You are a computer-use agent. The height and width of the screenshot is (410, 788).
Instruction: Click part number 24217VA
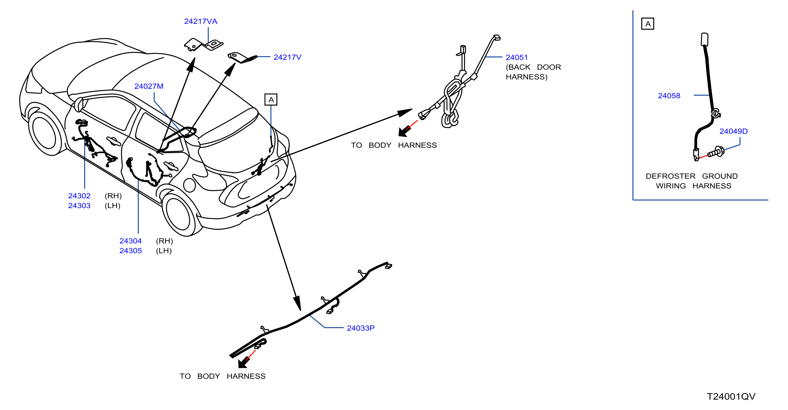(x=201, y=22)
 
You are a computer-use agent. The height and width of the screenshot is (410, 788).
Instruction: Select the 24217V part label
(x=287, y=57)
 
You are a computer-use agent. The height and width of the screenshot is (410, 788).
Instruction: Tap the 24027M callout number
(x=149, y=86)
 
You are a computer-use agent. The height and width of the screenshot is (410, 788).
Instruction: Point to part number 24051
(x=517, y=57)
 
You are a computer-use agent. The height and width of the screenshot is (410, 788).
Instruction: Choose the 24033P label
(x=361, y=328)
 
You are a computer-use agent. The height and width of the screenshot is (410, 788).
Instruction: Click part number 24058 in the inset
(x=669, y=96)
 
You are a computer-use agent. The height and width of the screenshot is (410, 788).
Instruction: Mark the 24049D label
(x=733, y=131)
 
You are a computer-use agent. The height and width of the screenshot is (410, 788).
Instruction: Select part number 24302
(x=79, y=196)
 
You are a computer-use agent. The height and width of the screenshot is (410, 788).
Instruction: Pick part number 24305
(x=131, y=251)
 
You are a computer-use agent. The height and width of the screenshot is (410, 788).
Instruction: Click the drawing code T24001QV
(x=731, y=397)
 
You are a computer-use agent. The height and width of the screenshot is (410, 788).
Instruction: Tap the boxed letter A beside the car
(x=271, y=100)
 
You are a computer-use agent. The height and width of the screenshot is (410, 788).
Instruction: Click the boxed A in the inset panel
(x=648, y=24)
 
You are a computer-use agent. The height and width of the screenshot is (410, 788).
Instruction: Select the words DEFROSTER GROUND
(x=692, y=176)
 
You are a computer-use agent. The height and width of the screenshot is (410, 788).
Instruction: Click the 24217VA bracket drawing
(x=203, y=45)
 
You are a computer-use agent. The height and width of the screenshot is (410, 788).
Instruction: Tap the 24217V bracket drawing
(x=242, y=57)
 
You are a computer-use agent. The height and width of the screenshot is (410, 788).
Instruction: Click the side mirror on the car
(x=79, y=104)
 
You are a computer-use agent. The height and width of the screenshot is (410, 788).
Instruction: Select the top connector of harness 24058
(x=704, y=39)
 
